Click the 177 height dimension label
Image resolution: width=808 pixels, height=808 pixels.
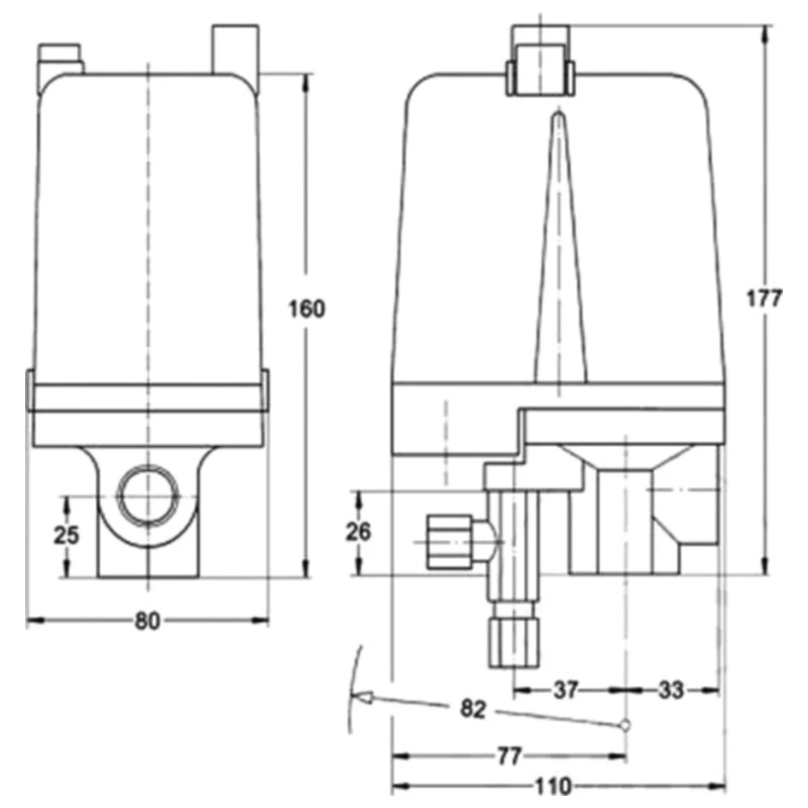[x=764, y=298]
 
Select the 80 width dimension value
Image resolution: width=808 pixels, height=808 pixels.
[x=146, y=621]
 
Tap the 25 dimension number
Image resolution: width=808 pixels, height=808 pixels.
[x=67, y=535]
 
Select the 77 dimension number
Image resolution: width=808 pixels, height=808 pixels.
[x=507, y=756]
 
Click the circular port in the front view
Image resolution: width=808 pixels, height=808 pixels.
[x=147, y=494]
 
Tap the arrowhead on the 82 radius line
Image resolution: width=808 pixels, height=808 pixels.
[x=363, y=697]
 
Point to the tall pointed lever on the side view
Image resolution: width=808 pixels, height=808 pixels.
[x=558, y=250]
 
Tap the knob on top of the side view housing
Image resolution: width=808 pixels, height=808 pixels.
[x=540, y=59]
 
